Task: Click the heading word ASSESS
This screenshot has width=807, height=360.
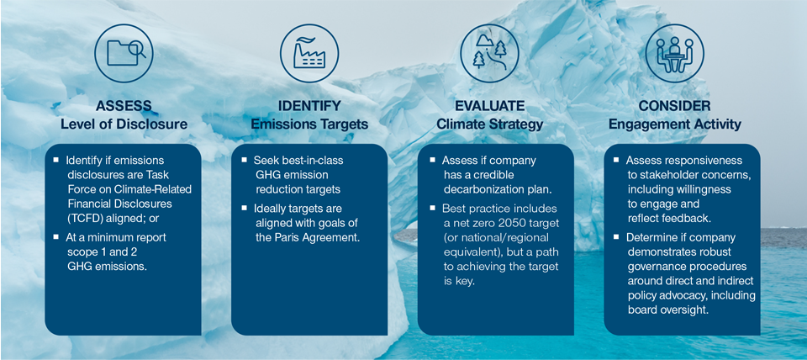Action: (x=124, y=106)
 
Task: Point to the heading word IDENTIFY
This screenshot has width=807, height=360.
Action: (x=309, y=106)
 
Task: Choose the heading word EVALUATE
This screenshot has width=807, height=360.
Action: (x=490, y=106)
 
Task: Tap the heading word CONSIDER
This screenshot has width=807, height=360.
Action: (x=675, y=106)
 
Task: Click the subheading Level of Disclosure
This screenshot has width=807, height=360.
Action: (x=124, y=124)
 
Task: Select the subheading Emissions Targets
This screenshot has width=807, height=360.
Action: (x=309, y=124)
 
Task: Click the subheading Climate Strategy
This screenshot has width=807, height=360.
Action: (x=490, y=124)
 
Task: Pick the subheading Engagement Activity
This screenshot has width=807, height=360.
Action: (x=675, y=124)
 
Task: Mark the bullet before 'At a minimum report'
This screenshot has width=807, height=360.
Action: (x=56, y=237)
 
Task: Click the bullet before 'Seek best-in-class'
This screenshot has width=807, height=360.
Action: (x=243, y=160)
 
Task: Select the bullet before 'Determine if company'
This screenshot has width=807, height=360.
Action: (x=615, y=238)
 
